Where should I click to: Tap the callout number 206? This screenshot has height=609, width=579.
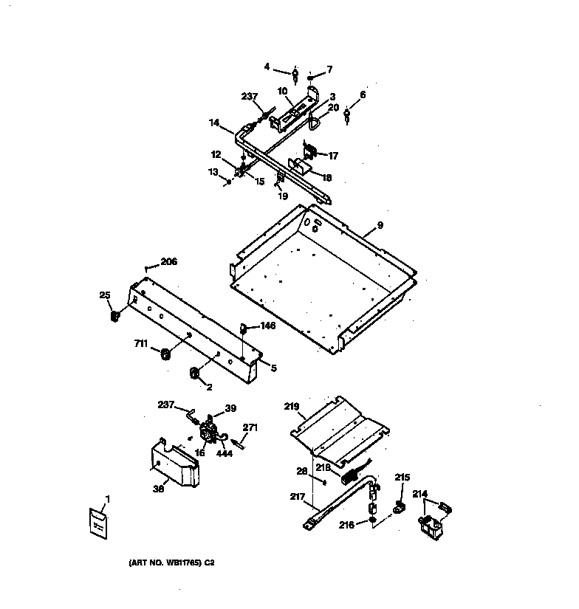click(x=168, y=261)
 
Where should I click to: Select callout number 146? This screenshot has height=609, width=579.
click(x=267, y=325)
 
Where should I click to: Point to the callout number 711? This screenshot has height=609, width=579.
click(x=141, y=343)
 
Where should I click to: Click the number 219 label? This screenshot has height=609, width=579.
click(x=292, y=405)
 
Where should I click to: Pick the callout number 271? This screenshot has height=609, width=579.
click(x=250, y=427)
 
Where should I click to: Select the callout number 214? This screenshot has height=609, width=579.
click(x=419, y=494)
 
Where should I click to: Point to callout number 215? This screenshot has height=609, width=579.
click(x=401, y=478)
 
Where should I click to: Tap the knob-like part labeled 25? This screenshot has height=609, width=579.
click(x=114, y=317)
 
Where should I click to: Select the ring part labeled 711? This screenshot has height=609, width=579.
click(x=165, y=355)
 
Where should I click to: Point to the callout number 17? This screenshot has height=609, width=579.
click(x=333, y=156)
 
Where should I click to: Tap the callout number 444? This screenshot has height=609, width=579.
click(x=225, y=453)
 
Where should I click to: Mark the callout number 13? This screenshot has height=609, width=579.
click(x=214, y=171)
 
